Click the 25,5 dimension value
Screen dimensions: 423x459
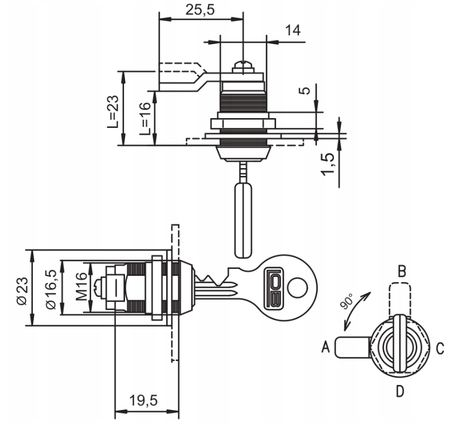pyautogui.click(x=200, y=10)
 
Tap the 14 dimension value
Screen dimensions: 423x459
pyautogui.click(x=293, y=30)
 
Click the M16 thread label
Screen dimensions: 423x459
pyautogui.click(x=81, y=288)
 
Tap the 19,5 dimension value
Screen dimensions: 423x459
pyautogui.click(x=144, y=401)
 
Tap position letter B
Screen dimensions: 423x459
pyautogui.click(x=401, y=271)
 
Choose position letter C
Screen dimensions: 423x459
pyautogui.click(x=440, y=348)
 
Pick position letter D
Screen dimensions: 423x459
pyautogui.click(x=400, y=390)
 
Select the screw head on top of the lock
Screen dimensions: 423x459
pyautogui.click(x=243, y=67)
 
